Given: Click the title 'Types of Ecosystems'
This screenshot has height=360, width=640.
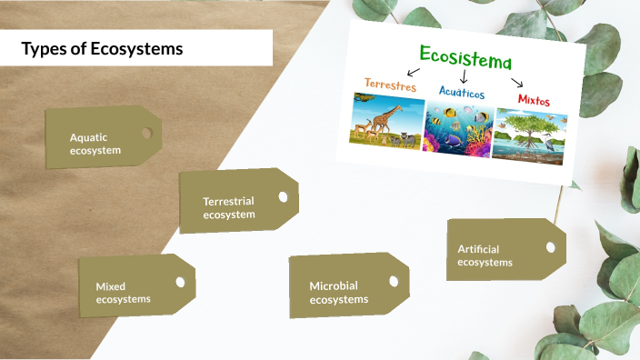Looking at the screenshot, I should (x=102, y=49).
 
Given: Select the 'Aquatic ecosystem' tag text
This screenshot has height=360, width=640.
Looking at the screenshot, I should (x=95, y=144).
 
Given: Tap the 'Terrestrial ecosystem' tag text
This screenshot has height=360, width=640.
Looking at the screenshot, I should (x=229, y=208).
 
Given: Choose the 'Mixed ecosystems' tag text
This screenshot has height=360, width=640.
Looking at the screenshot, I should (x=124, y=292).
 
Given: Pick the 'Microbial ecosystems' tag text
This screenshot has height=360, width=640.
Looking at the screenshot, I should (x=339, y=292).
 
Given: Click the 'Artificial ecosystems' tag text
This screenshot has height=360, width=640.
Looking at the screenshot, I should (x=485, y=255).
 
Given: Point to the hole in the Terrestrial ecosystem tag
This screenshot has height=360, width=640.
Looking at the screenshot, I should (x=283, y=195).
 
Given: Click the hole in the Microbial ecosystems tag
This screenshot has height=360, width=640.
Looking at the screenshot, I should (x=394, y=282).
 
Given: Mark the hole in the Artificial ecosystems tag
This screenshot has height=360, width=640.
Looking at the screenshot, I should (x=549, y=247).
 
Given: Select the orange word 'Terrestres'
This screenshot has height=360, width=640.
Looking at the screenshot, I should (x=390, y=85).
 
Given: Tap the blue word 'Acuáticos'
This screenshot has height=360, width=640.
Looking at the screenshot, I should (x=461, y=93).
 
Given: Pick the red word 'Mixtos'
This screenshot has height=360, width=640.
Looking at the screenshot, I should (x=534, y=99).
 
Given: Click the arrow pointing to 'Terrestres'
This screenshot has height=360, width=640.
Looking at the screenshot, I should (x=414, y=70).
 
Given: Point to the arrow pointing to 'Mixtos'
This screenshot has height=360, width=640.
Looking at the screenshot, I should (x=517, y=83).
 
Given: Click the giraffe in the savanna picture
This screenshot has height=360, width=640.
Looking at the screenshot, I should (x=387, y=118).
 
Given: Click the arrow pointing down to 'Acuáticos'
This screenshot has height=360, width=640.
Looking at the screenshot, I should (x=463, y=78).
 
